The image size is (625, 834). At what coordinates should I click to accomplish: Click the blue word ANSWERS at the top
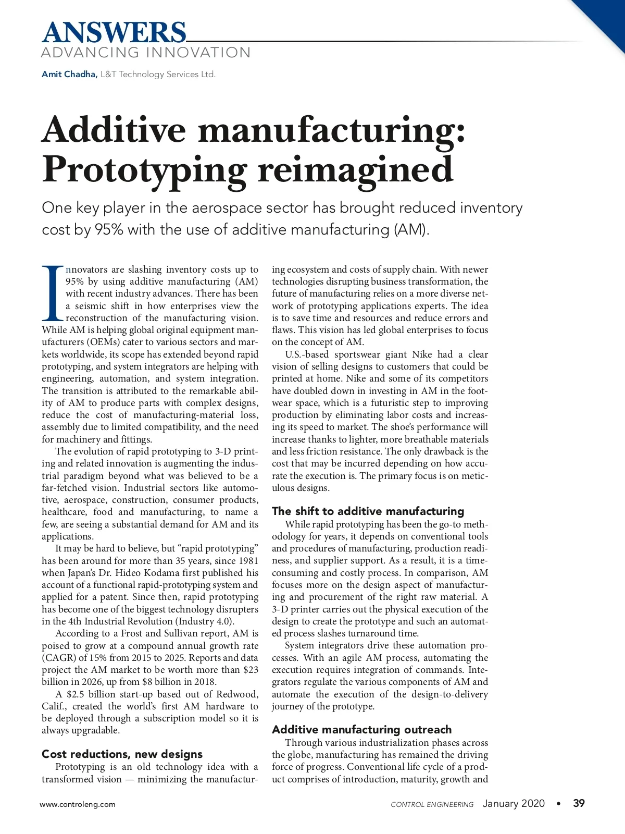114,32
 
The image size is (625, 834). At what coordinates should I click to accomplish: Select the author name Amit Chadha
69,74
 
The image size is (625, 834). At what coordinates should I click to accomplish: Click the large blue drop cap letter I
53,293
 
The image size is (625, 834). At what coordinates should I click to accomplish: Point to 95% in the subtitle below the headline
108,229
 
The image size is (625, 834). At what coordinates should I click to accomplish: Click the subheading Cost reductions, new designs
122,754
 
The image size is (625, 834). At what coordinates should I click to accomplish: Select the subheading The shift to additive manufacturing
368,511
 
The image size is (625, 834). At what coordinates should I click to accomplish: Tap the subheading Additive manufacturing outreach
361,729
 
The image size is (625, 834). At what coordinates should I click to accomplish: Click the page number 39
579,803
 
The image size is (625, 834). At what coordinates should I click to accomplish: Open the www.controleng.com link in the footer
78,804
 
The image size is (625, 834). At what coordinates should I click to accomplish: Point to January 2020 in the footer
514,803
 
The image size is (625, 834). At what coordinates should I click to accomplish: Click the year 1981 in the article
248,560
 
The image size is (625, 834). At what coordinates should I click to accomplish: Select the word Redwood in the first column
237,694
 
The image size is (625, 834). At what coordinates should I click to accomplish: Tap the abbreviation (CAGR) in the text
58,657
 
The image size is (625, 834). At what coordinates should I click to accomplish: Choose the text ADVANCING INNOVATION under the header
146,53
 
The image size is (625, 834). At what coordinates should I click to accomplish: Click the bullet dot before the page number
559,804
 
